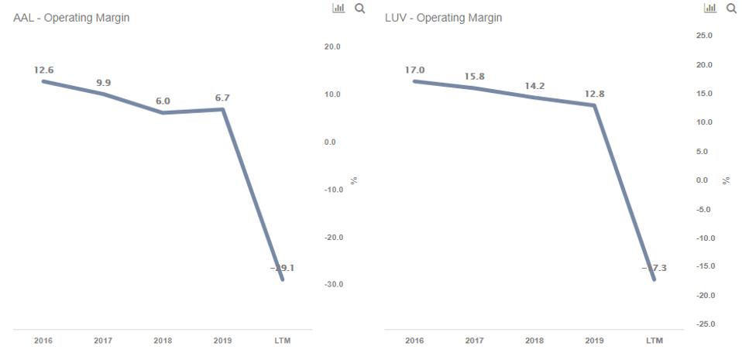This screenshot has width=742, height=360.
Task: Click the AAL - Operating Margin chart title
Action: click(71, 18)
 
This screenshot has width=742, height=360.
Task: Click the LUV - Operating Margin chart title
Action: click(443, 18)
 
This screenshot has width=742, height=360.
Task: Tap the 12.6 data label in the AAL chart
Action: click(43, 70)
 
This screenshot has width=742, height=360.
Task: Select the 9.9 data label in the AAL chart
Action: click(104, 83)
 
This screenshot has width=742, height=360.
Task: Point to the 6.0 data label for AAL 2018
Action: click(163, 101)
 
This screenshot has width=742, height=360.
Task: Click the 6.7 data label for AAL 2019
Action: click(222, 98)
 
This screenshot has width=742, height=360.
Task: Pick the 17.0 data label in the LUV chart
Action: click(415, 70)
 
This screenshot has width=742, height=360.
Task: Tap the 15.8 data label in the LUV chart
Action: click(475, 76)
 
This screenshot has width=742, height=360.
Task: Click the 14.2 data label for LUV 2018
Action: click(534, 86)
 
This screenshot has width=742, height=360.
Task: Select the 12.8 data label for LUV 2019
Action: click(594, 94)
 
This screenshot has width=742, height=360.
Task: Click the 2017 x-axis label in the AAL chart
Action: click(103, 341)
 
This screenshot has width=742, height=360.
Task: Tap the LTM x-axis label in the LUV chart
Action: click(654, 341)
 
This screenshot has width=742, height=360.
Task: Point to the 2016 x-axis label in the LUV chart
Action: click(414, 341)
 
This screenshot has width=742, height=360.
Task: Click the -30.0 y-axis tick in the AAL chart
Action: click(333, 285)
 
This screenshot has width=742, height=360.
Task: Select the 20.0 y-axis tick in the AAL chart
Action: click(333, 47)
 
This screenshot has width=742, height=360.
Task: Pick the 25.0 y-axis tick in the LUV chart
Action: click(704, 36)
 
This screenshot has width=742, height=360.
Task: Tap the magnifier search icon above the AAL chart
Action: click(359, 8)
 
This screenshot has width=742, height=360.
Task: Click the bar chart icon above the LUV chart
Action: click(710, 8)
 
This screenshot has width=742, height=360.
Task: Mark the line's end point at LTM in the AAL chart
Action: click(283, 279)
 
